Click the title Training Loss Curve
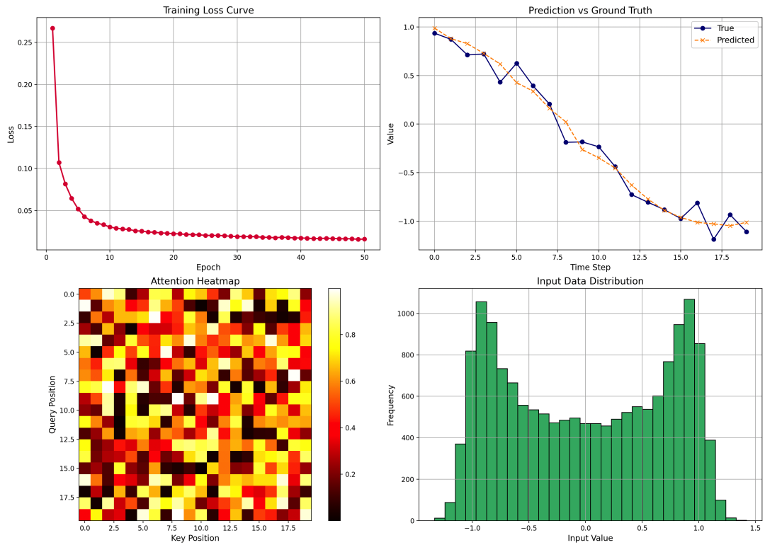[208, 11]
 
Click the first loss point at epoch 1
[52, 28]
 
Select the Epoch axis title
[208, 268]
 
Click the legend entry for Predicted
[735, 40]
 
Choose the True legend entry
[725, 28]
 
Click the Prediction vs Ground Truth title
[590, 11]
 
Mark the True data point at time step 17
[713, 239]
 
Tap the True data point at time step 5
[516, 64]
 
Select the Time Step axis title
[590, 268]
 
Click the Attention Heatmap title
[195, 282]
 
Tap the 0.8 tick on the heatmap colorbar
[350, 335]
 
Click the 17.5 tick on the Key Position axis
[288, 527]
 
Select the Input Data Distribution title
[590, 282]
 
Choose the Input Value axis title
[590, 539]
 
